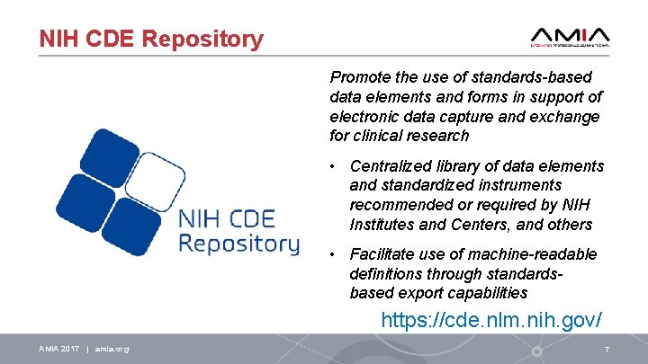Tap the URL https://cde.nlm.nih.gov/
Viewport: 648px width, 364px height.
tap(490, 319)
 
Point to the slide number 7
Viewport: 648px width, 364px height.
tap(607, 349)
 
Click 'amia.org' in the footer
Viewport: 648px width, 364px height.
tap(112, 349)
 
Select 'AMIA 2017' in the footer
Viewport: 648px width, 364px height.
tap(59, 349)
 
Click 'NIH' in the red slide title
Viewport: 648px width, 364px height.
tap(57, 40)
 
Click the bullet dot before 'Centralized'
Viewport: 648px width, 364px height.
tap(333, 166)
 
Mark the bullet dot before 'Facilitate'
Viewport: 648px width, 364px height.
tap(333, 255)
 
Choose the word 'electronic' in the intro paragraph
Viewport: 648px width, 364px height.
tap(364, 117)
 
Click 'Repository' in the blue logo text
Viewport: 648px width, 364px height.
tap(238, 244)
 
